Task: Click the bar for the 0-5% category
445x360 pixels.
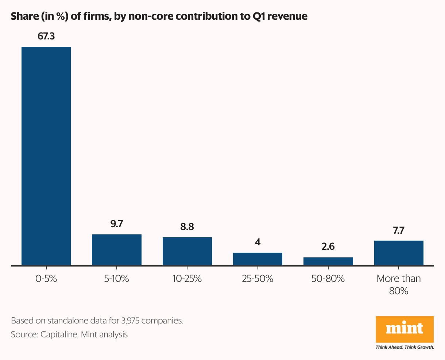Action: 46,156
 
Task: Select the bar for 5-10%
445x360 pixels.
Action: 117,250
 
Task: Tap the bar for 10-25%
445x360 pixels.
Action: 187,251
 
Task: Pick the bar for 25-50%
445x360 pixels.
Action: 258,259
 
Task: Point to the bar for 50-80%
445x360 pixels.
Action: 328,261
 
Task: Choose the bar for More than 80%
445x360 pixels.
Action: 399,253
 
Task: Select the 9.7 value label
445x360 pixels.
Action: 117,224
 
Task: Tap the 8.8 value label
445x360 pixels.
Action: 187,227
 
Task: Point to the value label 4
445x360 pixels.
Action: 258,242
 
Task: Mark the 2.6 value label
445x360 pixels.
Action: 328,247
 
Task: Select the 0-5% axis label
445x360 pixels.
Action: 46,279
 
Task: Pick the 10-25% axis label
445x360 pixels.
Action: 187,279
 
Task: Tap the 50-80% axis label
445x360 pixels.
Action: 328,279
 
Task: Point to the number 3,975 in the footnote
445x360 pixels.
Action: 129,321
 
